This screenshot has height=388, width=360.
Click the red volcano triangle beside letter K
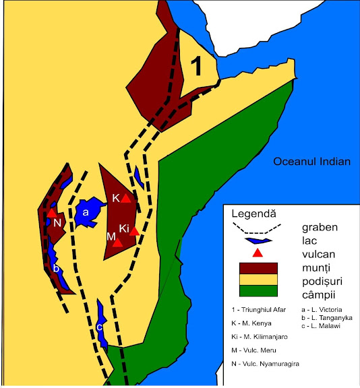(x=125, y=197)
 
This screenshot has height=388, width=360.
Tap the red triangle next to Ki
(x=134, y=230)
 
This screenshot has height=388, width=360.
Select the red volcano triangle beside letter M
(x=118, y=242)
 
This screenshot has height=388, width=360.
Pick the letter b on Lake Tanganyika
(x=56, y=267)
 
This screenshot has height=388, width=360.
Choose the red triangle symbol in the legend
(x=256, y=253)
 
